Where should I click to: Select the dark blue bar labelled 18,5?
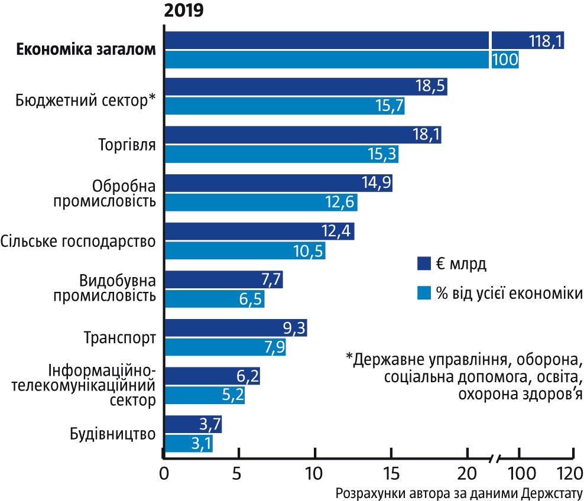tap(305, 86)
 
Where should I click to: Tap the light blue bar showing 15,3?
tap(281, 154)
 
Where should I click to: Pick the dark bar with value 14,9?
tap(278, 183)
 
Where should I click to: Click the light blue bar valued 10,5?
tap(244, 250)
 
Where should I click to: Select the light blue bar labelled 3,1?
tap(188, 443)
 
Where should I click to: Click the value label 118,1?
tap(546, 40)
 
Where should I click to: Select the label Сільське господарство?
tap(78, 241)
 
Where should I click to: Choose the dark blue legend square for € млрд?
tap(423, 263)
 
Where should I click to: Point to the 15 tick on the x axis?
tap(391, 474)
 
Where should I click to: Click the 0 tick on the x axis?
tap(164, 474)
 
